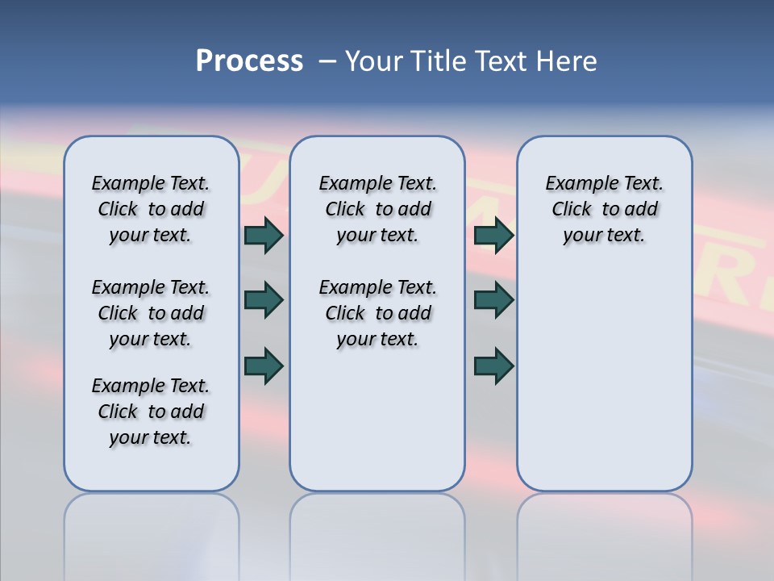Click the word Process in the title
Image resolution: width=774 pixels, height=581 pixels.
point(249,61)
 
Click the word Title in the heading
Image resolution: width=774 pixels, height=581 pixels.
point(437,61)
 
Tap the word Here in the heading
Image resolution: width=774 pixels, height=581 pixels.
point(567,61)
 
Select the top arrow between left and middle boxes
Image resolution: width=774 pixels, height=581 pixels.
point(264,235)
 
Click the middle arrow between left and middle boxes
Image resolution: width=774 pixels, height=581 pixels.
point(264,300)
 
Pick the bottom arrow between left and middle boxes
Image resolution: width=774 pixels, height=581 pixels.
point(264,366)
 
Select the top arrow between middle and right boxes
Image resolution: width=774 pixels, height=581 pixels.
point(493,235)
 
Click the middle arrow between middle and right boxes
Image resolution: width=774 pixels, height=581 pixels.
point(493,300)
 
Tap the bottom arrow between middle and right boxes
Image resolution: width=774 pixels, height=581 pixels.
point(493,366)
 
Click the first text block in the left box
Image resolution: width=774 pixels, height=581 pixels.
point(151,210)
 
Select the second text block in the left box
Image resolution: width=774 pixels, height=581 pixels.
point(151,313)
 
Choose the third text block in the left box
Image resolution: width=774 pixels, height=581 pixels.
point(151,412)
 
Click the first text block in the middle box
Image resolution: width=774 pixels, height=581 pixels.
point(377,210)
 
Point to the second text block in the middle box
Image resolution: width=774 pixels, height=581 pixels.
point(377,313)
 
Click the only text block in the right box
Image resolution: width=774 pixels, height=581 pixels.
point(604,210)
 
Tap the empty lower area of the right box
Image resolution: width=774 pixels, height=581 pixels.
point(604,379)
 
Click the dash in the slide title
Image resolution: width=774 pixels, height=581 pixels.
point(327,61)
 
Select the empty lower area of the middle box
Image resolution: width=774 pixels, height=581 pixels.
point(377,420)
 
